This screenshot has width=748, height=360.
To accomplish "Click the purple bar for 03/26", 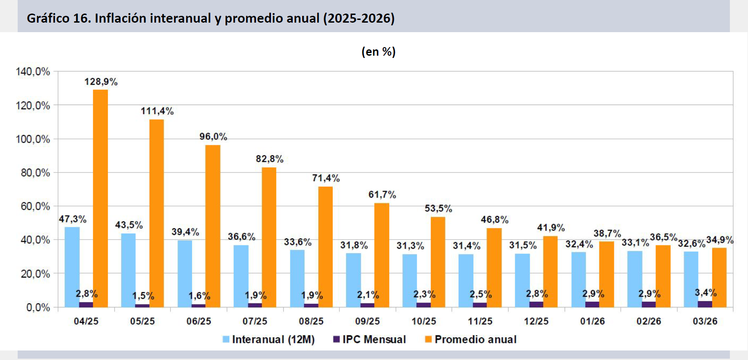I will pos(705,304).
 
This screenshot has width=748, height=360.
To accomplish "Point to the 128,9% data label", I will pos(101,82).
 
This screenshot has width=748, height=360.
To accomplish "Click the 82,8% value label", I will pos(270,159).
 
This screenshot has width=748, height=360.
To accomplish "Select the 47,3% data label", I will pos(72,219).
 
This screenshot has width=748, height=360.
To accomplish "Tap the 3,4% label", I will pos(706,293).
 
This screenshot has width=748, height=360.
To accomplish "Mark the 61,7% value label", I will pos(382,195).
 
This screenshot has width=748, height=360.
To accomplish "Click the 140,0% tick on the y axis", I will pos(33,72).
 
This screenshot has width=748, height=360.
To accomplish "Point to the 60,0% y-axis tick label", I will pos(35,206).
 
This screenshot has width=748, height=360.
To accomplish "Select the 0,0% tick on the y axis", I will pos(38,308).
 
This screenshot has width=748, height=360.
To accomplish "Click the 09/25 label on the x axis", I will pos(367,321).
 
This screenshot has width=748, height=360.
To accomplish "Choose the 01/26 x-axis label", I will pos(593,321).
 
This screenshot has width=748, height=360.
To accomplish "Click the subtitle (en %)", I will pos(378,52).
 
